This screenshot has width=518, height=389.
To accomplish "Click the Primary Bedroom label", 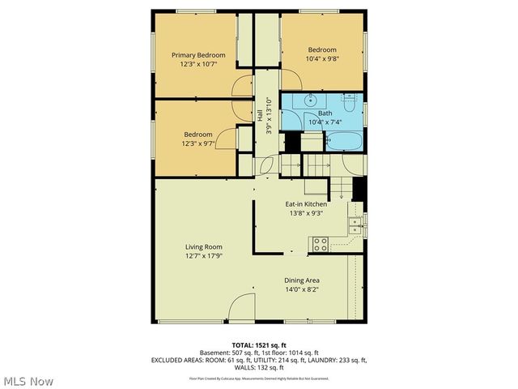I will tap(197, 55).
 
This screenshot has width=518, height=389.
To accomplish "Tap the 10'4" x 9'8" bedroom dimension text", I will tap(322, 58).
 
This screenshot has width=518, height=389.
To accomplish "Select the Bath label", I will tap(325, 113).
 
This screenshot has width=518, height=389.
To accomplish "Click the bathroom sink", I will tap(308, 100).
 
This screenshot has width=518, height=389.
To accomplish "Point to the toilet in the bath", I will tap(350, 103).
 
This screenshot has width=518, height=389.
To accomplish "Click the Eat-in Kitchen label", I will tap(306, 204).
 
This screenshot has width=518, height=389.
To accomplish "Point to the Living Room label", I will tap(203, 247).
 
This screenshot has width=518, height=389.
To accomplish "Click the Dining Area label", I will tap(302, 280).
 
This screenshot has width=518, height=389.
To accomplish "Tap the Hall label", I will tap(261, 117).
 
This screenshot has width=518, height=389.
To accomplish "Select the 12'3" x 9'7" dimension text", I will tap(197, 144).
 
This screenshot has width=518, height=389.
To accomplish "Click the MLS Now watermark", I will tap(29, 381).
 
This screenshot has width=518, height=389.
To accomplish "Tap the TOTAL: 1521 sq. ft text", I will tap(259, 345).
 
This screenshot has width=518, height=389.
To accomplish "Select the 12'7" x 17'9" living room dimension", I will tap(203, 256).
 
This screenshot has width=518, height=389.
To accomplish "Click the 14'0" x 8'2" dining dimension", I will tap(302, 289).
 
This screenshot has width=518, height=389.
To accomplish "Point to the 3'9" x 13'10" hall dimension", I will tap(270, 117).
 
